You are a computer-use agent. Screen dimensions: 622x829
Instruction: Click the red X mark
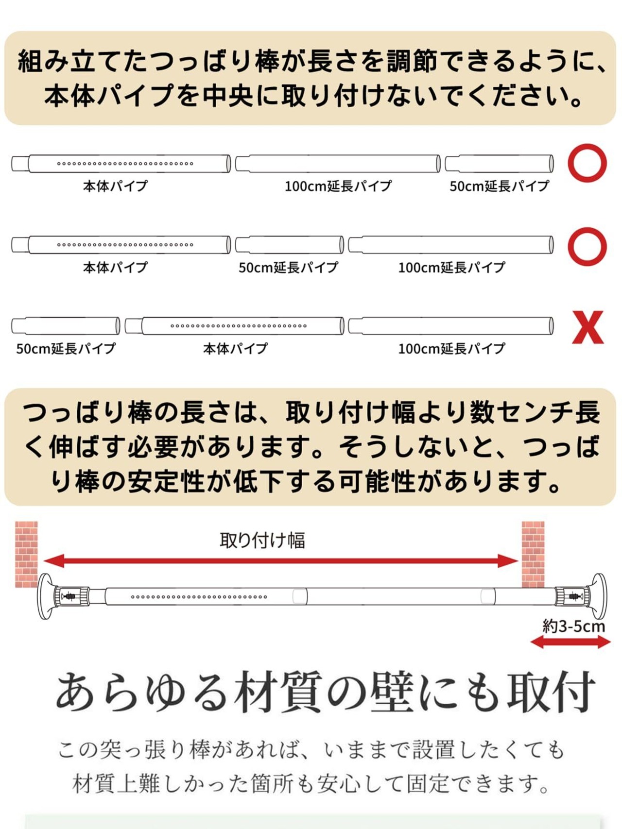click(x=587, y=327)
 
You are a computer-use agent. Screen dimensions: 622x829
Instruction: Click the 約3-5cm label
click(x=573, y=626)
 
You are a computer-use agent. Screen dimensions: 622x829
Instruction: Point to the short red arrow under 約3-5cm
click(x=570, y=643)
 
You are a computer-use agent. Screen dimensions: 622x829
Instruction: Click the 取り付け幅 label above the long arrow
click(x=262, y=540)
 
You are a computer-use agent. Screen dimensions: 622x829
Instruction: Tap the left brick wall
click(x=26, y=554)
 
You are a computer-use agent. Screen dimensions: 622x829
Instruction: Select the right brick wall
click(x=533, y=554)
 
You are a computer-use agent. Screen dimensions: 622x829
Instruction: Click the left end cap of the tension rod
click(x=45, y=596)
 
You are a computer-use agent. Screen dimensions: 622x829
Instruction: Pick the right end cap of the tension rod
click(x=598, y=596)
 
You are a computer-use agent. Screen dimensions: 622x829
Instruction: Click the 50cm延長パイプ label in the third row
click(x=66, y=349)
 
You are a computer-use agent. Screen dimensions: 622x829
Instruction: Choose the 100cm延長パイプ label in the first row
click(x=338, y=186)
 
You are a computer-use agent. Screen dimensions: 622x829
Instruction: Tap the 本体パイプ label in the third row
click(x=235, y=349)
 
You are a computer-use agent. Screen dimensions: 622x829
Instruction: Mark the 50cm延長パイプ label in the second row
click(x=288, y=268)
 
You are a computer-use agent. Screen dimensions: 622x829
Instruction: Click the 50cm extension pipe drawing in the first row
click(x=499, y=164)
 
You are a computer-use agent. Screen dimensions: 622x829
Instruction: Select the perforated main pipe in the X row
click(x=234, y=326)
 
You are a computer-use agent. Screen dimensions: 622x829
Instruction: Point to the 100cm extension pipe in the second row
click(x=450, y=245)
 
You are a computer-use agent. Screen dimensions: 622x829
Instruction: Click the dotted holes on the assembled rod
click(x=199, y=597)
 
